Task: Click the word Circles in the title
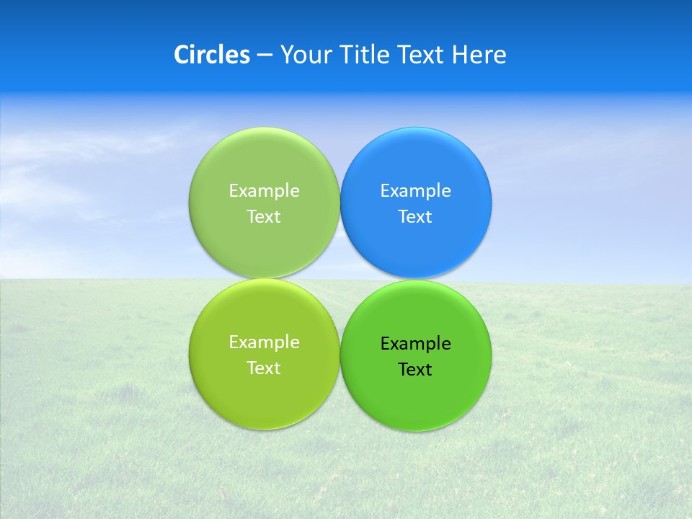coord(212,55)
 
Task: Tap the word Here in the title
coord(479,55)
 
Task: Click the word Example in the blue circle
coord(415,191)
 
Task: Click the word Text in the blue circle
coord(415,217)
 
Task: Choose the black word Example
coord(415,344)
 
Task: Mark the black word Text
coord(415,370)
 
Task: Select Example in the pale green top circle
coord(264,191)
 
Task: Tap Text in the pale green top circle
coord(264,217)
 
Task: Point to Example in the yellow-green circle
coord(264,342)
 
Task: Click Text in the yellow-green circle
coord(264,368)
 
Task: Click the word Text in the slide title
coord(421,55)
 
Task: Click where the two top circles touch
coord(340,203)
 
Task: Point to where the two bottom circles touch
coord(340,355)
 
